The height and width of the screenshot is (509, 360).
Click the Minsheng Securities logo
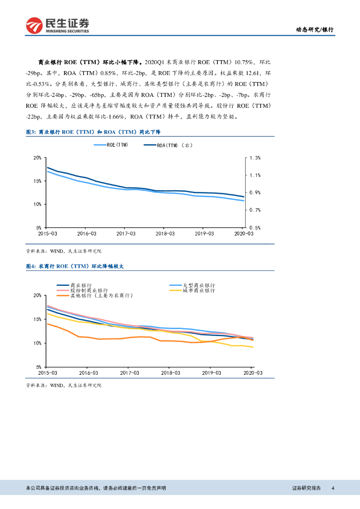(58, 25)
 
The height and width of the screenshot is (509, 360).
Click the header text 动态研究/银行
(315, 30)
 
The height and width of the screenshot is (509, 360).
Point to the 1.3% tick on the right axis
(255, 158)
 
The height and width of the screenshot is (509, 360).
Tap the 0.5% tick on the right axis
(255, 228)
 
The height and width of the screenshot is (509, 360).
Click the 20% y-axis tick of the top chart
(36, 158)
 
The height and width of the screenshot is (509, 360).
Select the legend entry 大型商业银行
(199, 285)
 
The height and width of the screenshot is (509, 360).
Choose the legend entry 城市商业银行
(199, 290)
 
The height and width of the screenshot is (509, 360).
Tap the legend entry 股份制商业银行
(89, 290)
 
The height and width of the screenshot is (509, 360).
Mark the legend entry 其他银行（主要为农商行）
(101, 295)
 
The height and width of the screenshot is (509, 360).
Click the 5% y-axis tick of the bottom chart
(38, 366)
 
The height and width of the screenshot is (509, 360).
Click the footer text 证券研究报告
(306, 488)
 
